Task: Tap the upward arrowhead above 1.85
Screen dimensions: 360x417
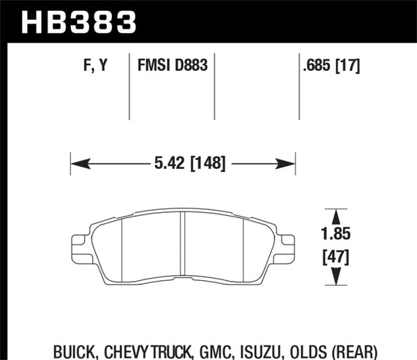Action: (x=336, y=217)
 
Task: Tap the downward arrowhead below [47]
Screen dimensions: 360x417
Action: (x=336, y=277)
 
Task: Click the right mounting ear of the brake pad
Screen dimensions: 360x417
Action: (x=288, y=242)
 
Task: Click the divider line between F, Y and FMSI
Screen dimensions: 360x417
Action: (x=129, y=86)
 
